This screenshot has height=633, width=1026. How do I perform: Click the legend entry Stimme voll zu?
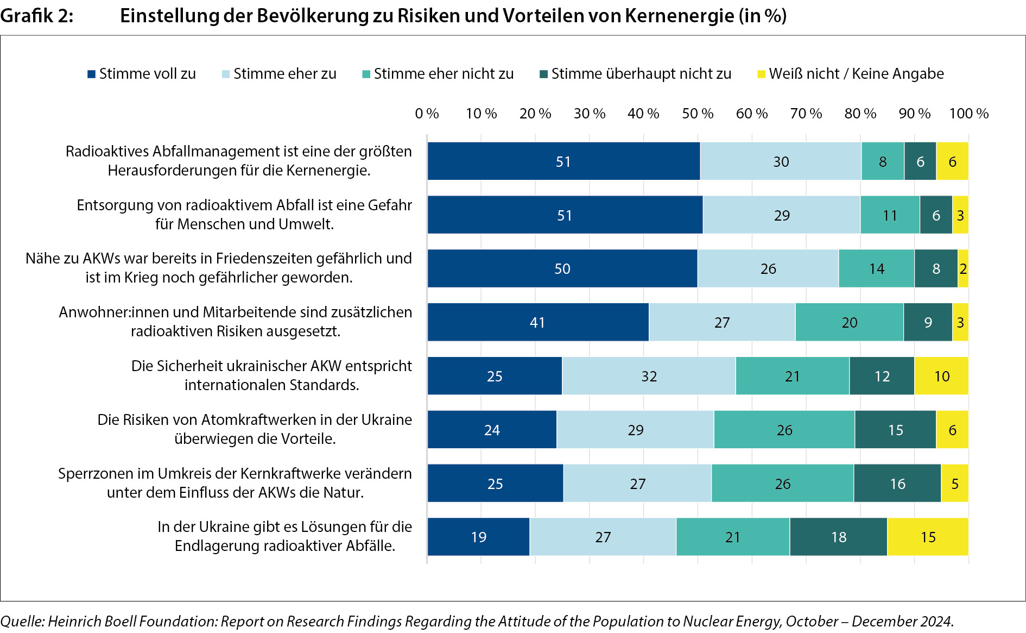[142, 74]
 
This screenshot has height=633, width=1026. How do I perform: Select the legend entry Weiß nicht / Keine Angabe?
[851, 74]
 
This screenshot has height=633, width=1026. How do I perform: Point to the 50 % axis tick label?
[698, 114]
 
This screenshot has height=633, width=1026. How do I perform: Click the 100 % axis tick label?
[968, 114]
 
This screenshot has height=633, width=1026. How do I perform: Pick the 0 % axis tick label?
[427, 114]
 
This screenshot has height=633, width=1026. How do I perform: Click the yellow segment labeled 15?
[928, 537]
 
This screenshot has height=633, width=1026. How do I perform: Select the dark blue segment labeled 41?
[537, 322]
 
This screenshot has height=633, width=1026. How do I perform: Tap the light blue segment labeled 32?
[649, 376]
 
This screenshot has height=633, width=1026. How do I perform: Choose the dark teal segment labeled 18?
[839, 537]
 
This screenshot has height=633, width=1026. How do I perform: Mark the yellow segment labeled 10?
[941, 376]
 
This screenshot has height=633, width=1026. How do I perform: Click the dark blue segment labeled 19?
[478, 537]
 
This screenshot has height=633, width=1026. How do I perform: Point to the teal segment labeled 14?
[876, 268]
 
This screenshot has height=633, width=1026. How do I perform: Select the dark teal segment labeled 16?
[897, 484]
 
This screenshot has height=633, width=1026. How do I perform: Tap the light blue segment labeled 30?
[781, 161]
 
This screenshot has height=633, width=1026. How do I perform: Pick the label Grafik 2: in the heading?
[37, 16]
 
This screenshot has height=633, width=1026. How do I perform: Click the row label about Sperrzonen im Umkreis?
[235, 482]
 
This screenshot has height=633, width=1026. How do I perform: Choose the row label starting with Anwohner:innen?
[235, 321]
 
